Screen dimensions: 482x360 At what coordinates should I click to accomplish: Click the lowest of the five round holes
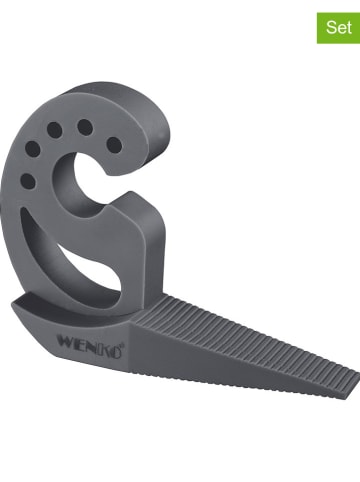click(28, 181)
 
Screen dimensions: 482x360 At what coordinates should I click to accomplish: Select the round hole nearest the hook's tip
click(115, 145)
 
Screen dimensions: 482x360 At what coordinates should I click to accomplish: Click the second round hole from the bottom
click(33, 150)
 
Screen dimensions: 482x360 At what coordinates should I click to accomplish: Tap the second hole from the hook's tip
click(85, 127)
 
